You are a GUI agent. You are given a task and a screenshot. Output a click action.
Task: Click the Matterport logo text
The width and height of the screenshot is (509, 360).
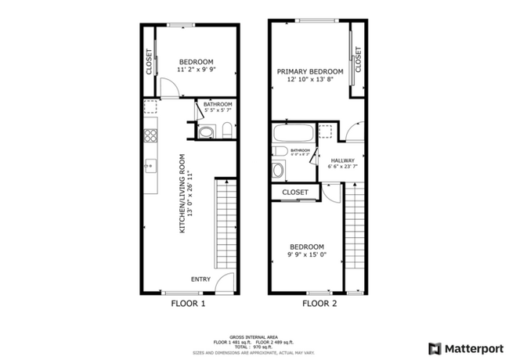pyautogui.click(x=467, y=347)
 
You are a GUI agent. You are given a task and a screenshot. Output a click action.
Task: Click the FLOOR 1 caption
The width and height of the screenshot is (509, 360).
pyautogui.click(x=187, y=304)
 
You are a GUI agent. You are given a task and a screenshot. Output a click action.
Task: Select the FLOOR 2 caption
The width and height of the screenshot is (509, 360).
pyautogui.click(x=319, y=304)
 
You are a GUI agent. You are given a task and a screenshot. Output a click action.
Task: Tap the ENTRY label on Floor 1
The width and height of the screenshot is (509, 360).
pyautogui.click(x=200, y=278)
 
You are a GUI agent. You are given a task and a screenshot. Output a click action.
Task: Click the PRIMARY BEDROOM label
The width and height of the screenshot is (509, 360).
pyautogui.click(x=310, y=70)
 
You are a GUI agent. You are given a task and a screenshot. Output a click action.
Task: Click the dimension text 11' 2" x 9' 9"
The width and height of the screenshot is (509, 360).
pyautogui.click(x=197, y=69)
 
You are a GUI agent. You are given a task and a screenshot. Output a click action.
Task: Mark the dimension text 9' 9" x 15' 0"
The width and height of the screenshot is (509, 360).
pyautogui.click(x=307, y=253)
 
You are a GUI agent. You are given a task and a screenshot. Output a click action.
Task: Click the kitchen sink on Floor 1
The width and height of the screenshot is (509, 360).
pyautogui.click(x=150, y=165)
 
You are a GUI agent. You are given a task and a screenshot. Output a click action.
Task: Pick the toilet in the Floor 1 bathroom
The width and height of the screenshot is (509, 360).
pyautogui.click(x=226, y=134)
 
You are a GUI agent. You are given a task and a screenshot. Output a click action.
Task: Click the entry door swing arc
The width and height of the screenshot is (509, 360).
pyautogui.click(x=226, y=283)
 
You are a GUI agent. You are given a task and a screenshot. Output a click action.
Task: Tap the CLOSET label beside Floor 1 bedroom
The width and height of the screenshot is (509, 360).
pyautogui.click(x=149, y=63)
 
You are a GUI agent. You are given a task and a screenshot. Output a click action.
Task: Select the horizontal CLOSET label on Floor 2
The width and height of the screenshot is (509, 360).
pyautogui.click(x=294, y=192)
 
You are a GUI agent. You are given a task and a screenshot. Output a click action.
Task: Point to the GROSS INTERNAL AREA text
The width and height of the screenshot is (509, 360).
pyautogui.click(x=254, y=335)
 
